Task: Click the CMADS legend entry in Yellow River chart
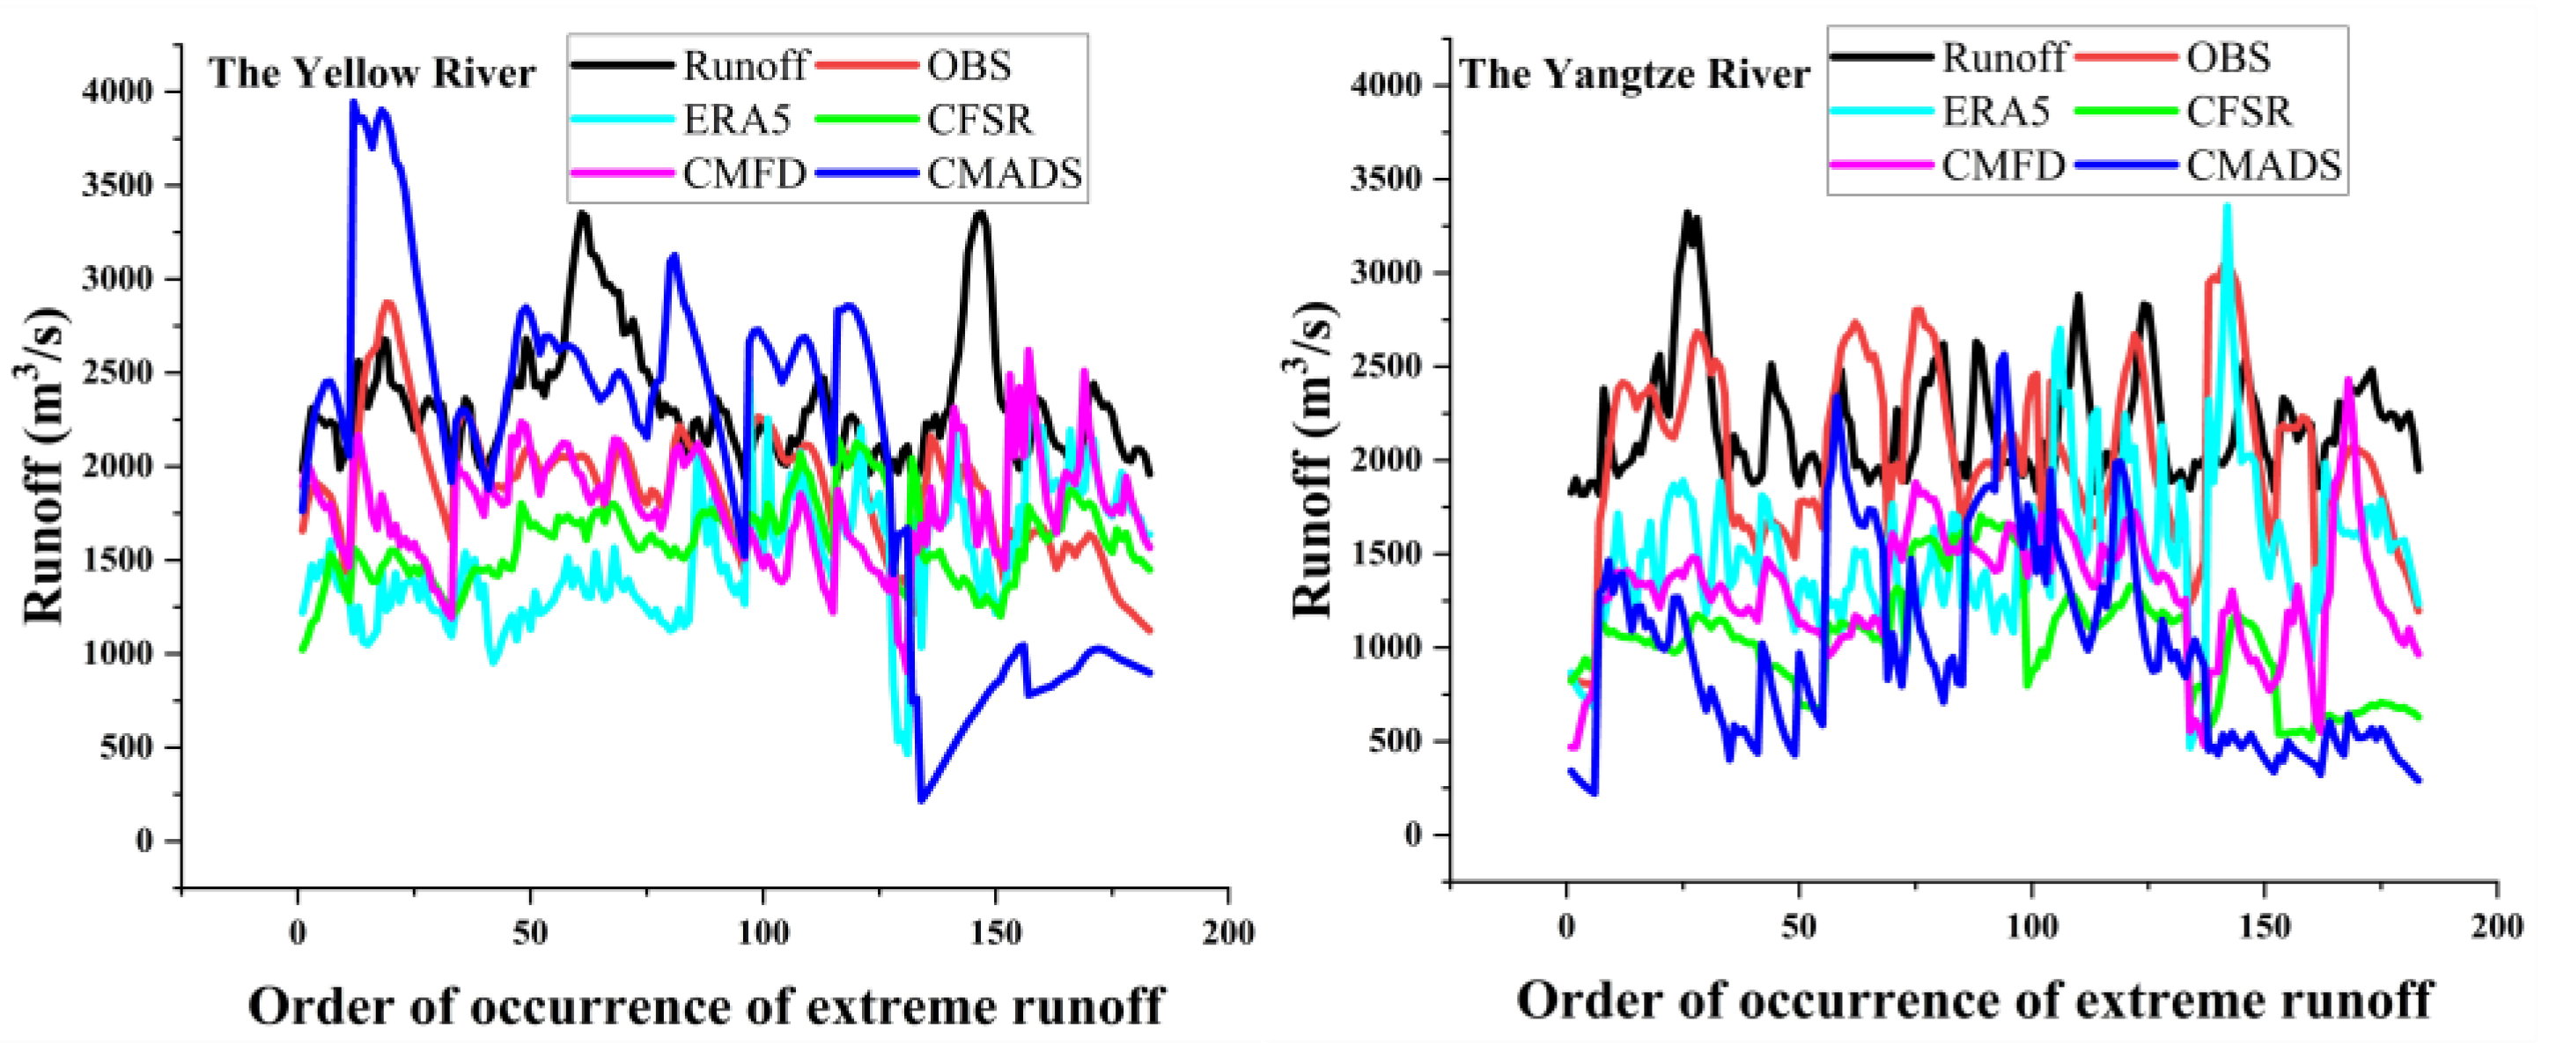1004,173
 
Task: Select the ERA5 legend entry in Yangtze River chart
1994,111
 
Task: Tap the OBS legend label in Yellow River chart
969,65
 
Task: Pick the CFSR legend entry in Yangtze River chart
2238,111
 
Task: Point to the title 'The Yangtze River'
1635,74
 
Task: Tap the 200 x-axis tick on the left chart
1228,931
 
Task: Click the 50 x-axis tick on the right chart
1799,926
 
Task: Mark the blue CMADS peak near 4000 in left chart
353,102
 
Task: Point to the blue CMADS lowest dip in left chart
922,799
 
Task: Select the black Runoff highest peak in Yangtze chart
1688,213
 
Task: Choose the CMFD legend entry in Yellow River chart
744,173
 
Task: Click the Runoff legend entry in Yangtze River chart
2003,57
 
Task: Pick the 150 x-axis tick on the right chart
2265,926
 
